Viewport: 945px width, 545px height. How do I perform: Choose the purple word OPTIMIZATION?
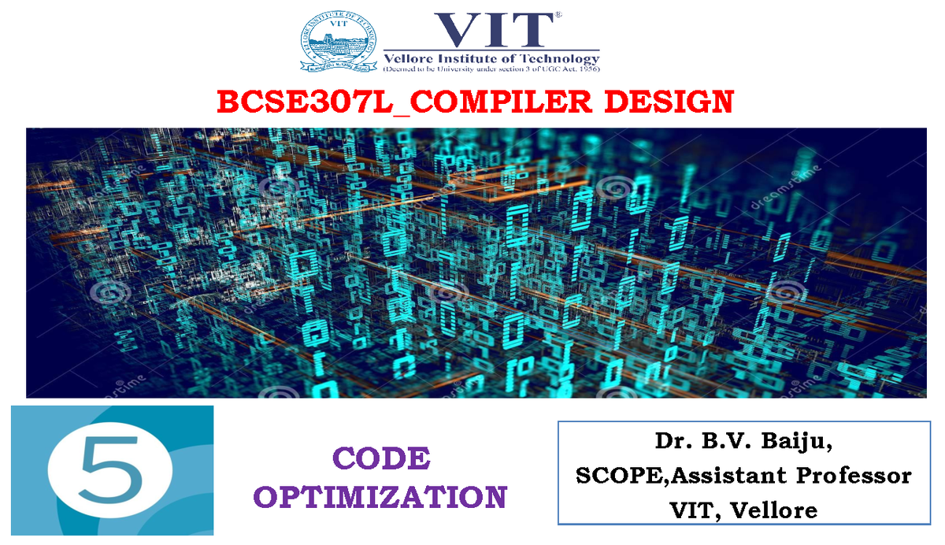click(381, 498)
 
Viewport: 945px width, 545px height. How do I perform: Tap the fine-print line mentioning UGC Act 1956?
click(491, 69)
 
